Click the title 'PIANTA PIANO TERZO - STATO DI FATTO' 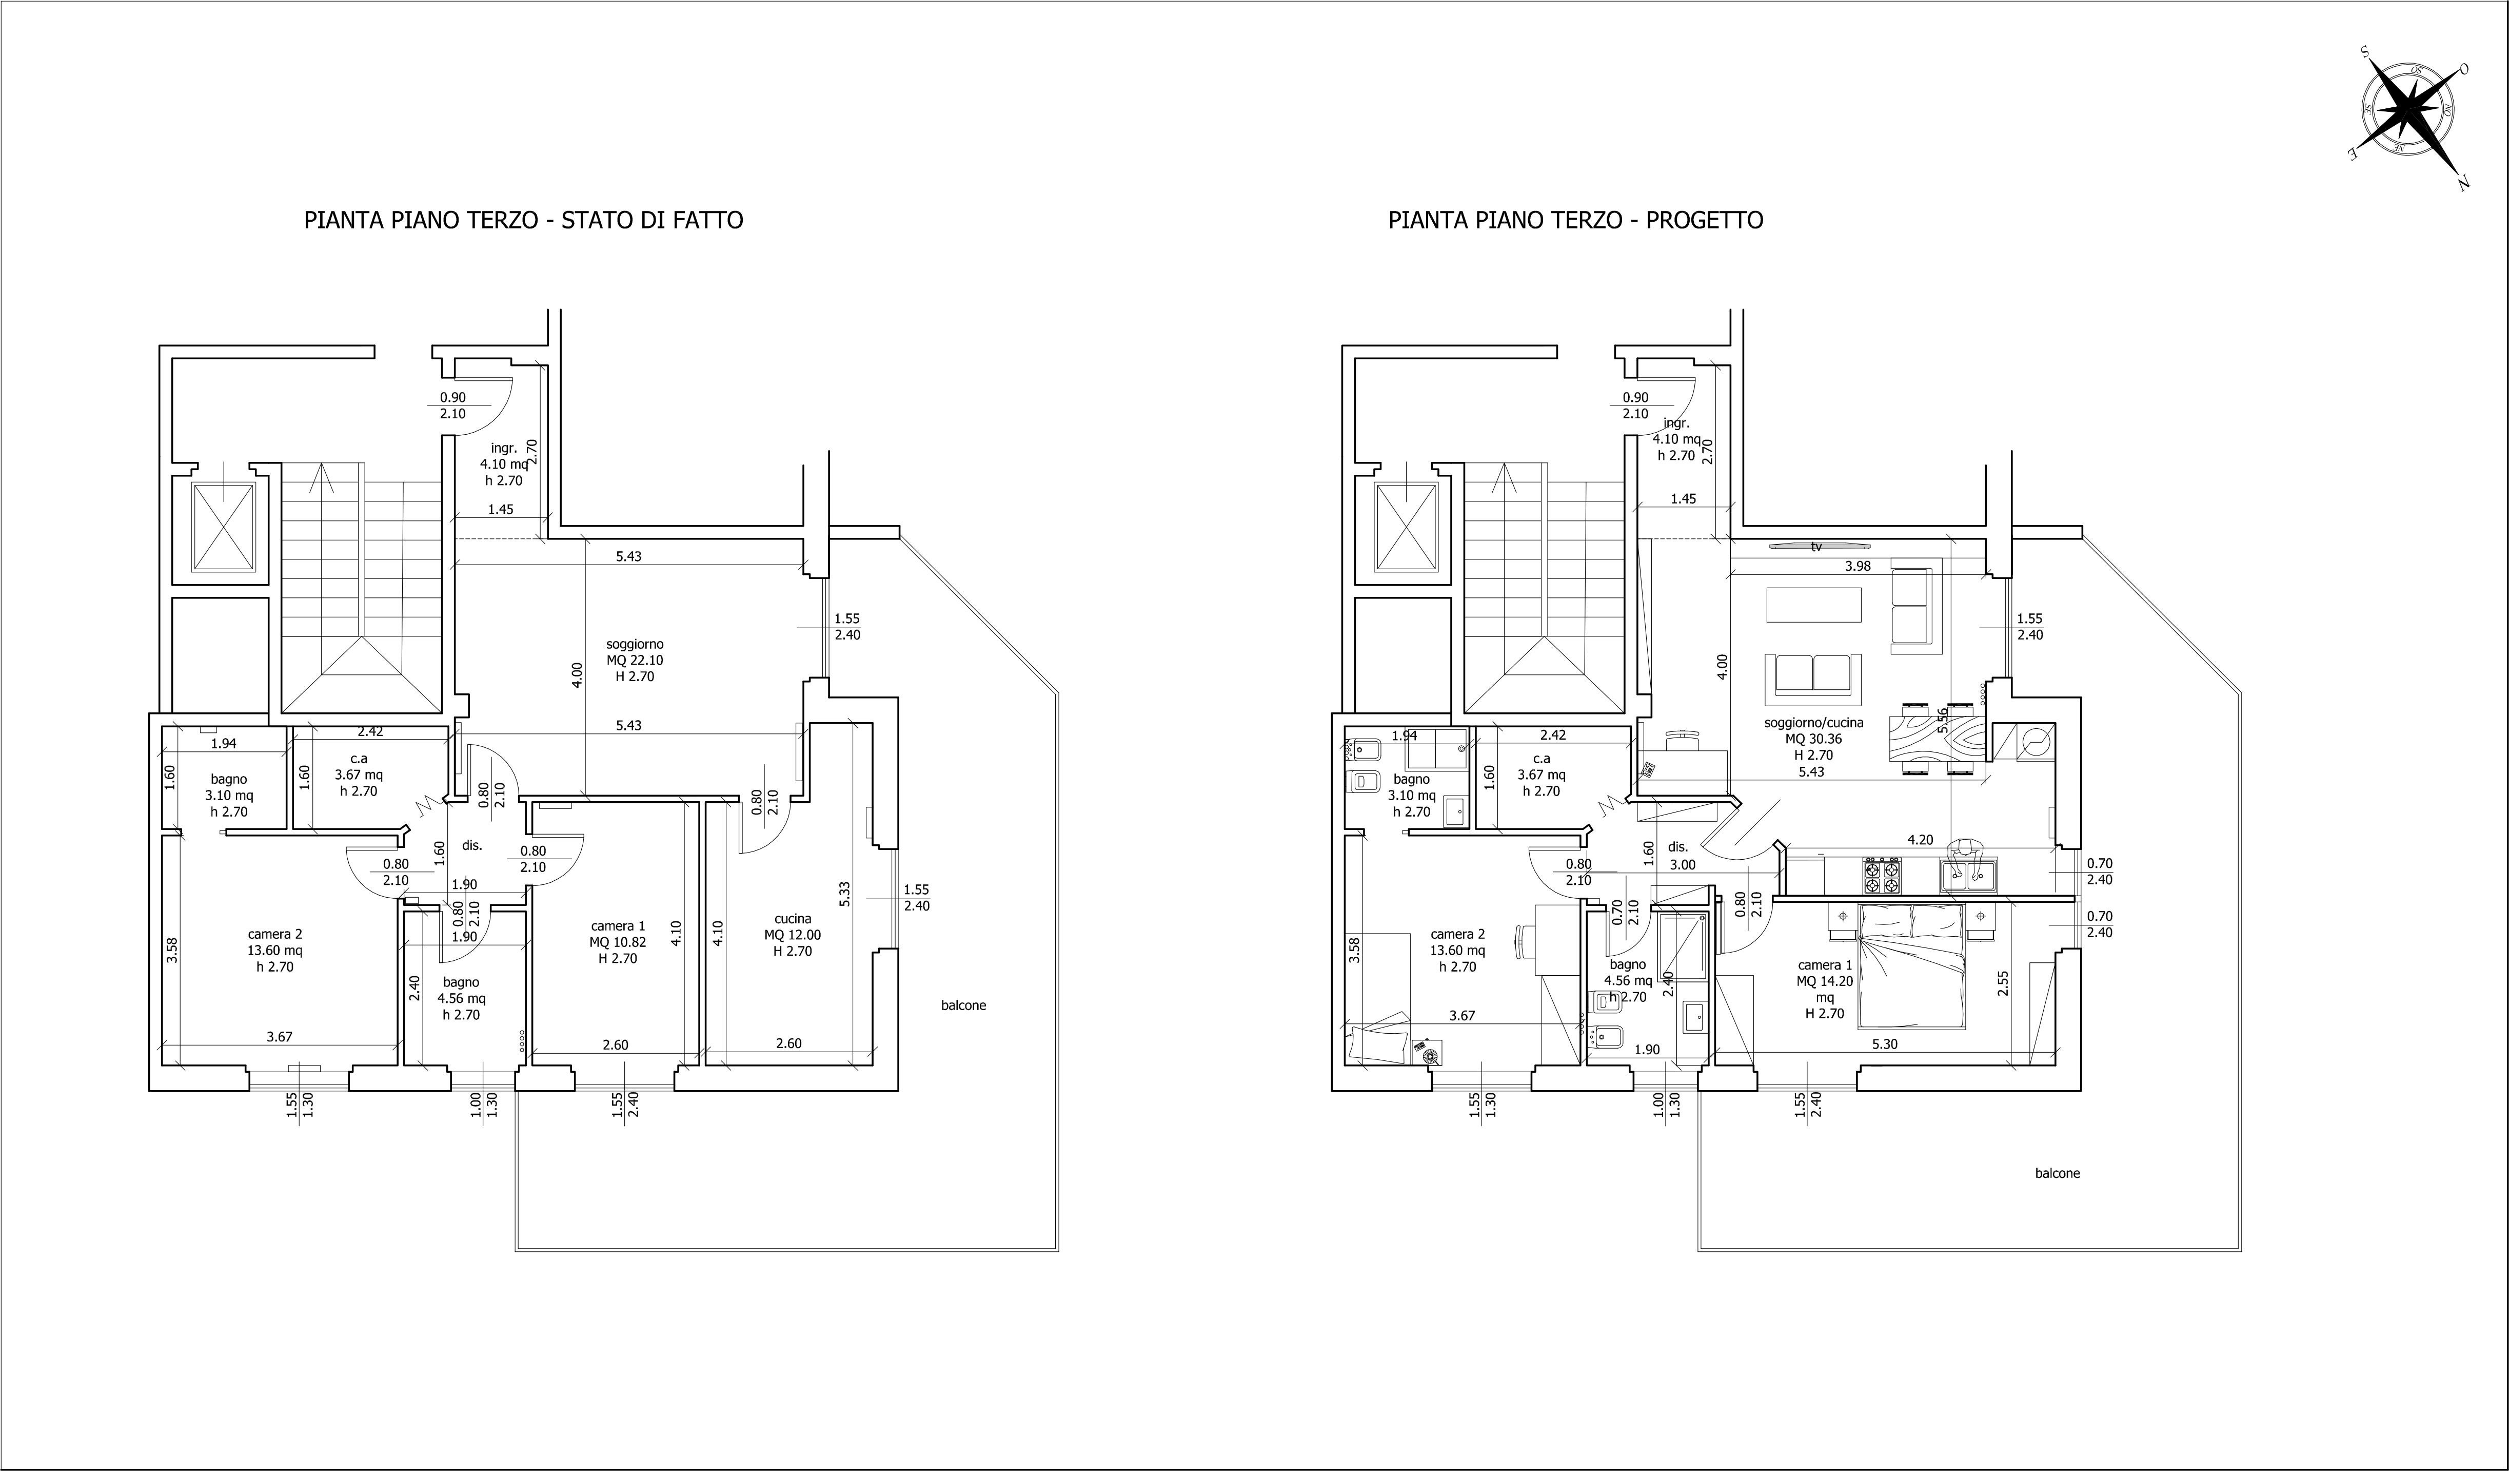tap(524, 220)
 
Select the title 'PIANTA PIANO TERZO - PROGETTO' tap(1576, 220)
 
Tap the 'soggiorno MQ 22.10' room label tap(635, 660)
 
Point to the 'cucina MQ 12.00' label tap(793, 934)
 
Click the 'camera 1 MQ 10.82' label tap(618, 942)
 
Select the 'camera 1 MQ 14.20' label tap(1825, 989)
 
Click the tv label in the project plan tap(1817, 547)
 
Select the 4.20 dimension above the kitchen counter tap(1920, 840)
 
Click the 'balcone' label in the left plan tap(964, 1006)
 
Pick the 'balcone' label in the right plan tap(2057, 1173)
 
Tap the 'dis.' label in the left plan tap(472, 845)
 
